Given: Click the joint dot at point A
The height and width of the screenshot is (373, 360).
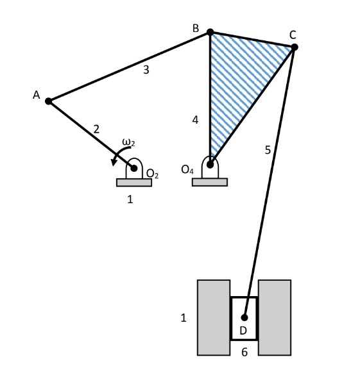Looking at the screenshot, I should click(x=48, y=101).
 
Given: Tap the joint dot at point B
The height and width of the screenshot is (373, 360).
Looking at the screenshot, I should click(x=210, y=32).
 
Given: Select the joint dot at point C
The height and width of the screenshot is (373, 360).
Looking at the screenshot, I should click(x=294, y=47).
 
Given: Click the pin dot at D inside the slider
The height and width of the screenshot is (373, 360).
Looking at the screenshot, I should click(x=244, y=317).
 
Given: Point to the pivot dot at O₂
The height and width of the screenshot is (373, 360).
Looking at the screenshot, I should click(x=135, y=168).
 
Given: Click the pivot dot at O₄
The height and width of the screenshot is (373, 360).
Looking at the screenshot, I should click(x=210, y=164).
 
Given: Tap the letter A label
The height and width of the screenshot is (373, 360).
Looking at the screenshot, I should click(x=37, y=95).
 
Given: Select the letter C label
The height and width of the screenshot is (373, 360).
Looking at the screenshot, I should click(x=293, y=34).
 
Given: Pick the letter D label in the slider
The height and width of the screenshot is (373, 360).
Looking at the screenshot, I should click(x=243, y=331).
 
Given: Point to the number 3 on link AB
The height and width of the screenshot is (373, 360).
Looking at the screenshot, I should click(x=146, y=70).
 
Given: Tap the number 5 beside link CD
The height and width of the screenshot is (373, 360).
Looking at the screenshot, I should click(x=268, y=150).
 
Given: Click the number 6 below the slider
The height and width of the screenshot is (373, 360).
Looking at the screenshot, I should click(x=244, y=352).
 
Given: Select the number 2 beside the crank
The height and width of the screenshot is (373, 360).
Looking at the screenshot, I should click(x=96, y=129).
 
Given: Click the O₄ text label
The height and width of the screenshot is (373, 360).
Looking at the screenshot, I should click(x=187, y=170).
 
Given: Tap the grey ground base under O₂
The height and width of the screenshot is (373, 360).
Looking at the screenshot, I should click(x=134, y=182).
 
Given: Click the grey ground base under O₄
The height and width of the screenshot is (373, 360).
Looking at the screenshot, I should click(x=210, y=182).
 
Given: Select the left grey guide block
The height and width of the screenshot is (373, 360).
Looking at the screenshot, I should click(x=214, y=317).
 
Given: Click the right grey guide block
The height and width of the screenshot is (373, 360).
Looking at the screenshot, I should click(x=275, y=317).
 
